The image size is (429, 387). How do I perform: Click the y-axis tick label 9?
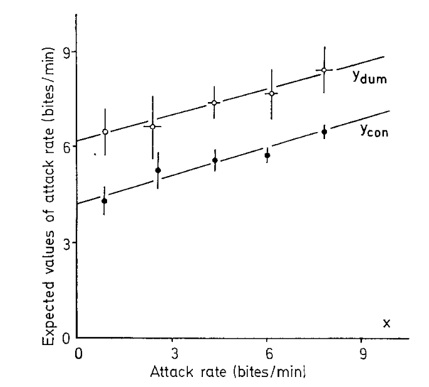pos(65,52)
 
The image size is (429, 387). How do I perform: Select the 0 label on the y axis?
pos(65,339)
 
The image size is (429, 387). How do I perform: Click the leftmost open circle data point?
pos(105,132)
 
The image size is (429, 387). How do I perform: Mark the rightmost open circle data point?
pos(324,70)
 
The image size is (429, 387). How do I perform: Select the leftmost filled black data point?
pos(105,200)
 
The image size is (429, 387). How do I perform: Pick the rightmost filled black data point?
pos(324,132)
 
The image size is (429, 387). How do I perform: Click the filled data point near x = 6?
pos(267,155)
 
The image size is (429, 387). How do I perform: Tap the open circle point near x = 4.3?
pos(214,103)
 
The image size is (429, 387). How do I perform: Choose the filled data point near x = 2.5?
pos(158,170)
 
